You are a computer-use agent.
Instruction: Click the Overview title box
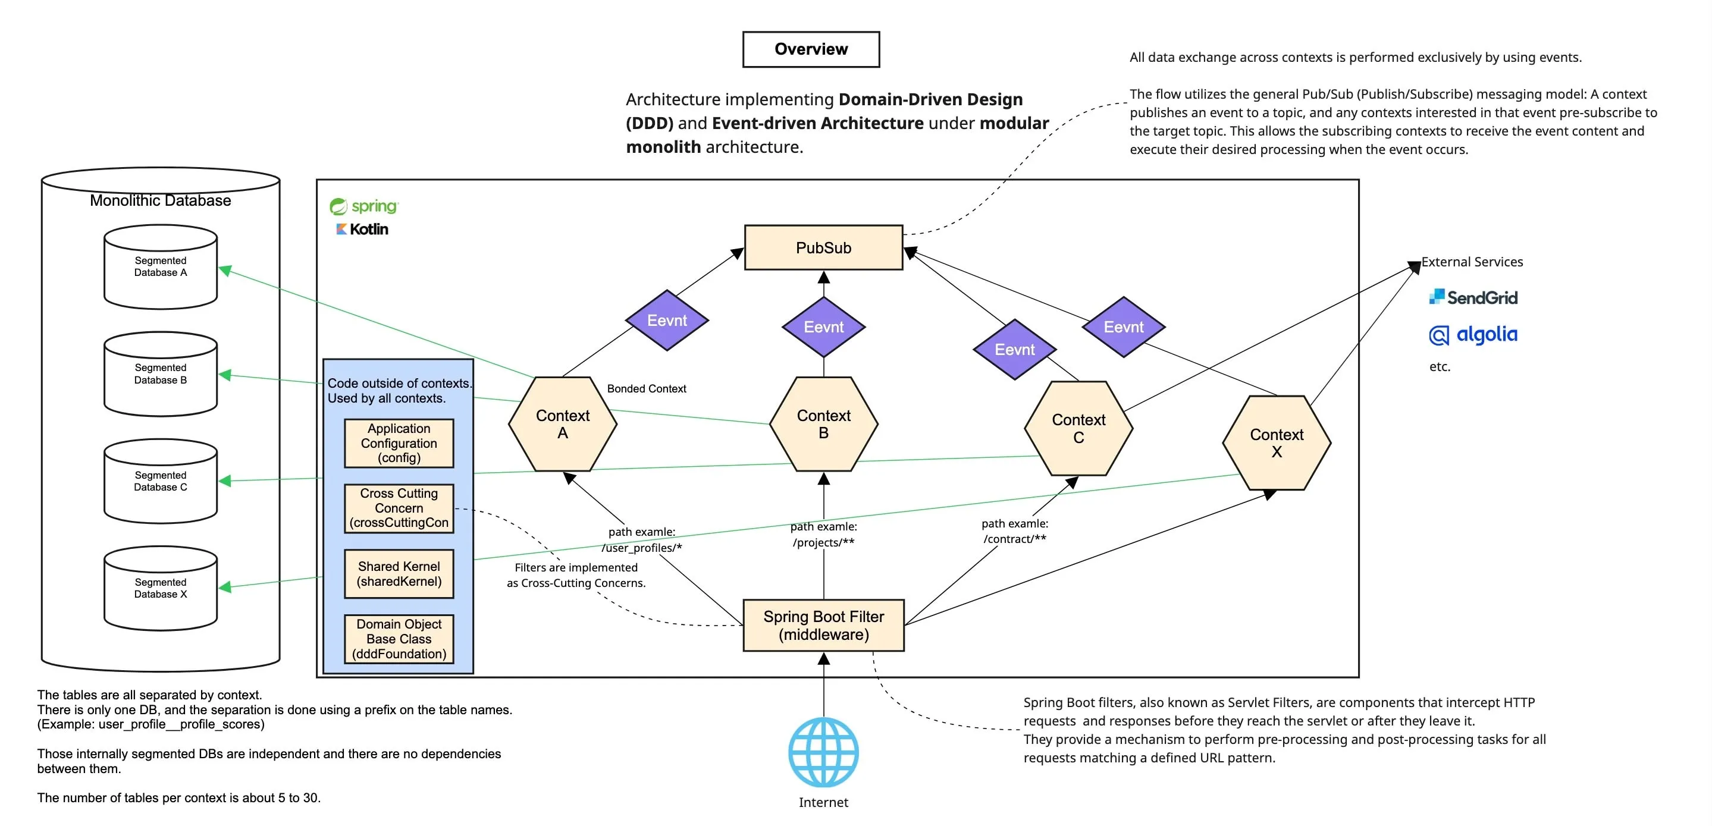click(x=811, y=49)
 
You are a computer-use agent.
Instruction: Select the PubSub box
click(x=823, y=248)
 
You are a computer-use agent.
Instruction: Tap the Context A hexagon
click(x=562, y=424)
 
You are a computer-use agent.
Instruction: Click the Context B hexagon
click(x=823, y=424)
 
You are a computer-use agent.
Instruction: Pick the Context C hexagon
click(x=1078, y=429)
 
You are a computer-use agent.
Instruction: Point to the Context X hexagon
click(x=1276, y=443)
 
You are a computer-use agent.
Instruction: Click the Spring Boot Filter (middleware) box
click(x=823, y=626)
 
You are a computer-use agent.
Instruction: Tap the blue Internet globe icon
click(x=823, y=752)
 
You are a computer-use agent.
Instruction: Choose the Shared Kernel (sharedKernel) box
click(x=399, y=573)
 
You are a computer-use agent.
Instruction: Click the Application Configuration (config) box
click(x=399, y=443)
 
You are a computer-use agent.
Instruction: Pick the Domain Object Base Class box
click(x=399, y=639)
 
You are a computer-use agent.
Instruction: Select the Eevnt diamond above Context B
click(x=823, y=327)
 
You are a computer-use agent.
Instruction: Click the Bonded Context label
click(x=646, y=389)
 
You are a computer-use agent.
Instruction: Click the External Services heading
click(x=1472, y=262)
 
